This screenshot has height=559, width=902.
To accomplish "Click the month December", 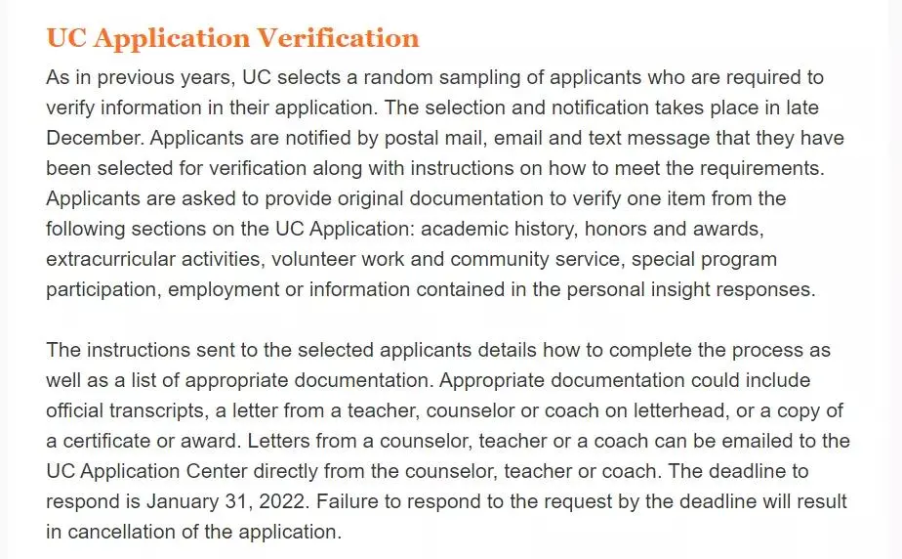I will click(x=95, y=138).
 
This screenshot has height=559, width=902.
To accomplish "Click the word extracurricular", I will click(x=108, y=260).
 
